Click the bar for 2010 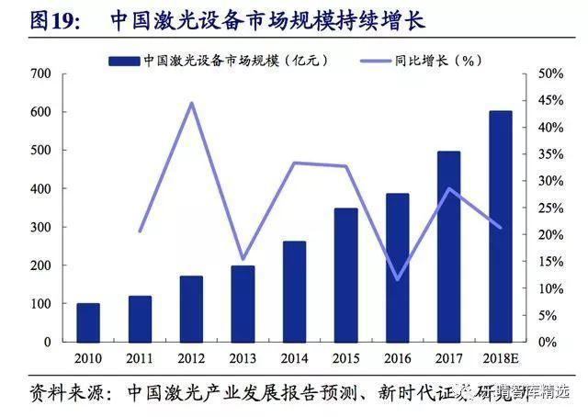pos(88,322)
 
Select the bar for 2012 pos(191,309)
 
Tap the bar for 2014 pos(294,291)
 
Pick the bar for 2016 pos(397,267)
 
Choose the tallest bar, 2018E pos(500,226)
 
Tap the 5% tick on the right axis pos(547,315)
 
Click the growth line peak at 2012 pos(191,102)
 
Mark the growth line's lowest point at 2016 pos(397,279)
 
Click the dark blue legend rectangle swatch pos(124,61)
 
